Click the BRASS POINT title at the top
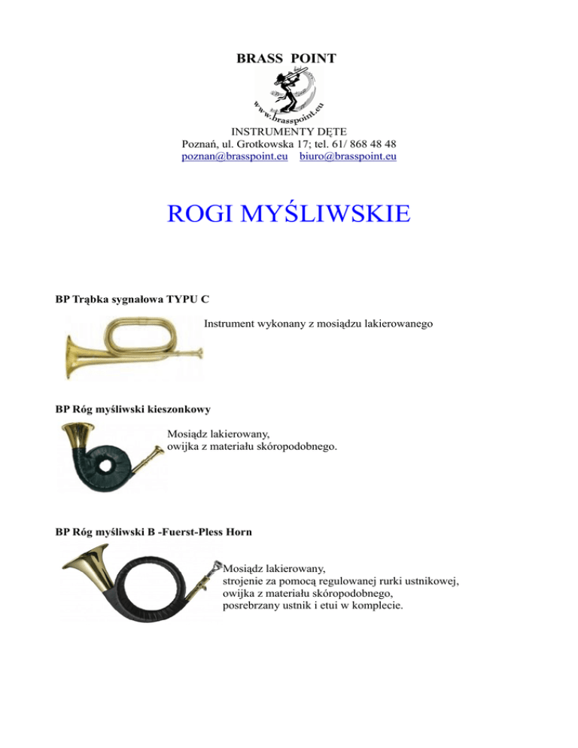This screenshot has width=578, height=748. pyautogui.click(x=286, y=58)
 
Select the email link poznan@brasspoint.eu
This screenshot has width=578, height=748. pyautogui.click(x=236, y=157)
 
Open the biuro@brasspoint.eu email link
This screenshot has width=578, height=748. pyautogui.click(x=348, y=157)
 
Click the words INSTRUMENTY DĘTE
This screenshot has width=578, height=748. pyautogui.click(x=289, y=131)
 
